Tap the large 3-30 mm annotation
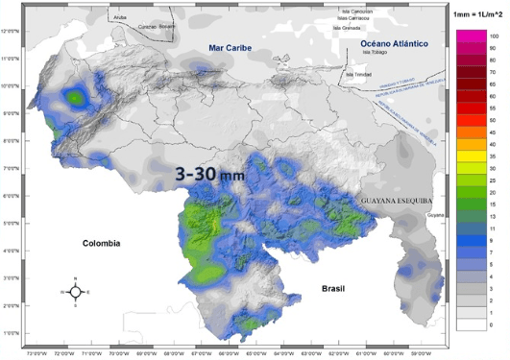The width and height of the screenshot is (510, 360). point(209,176)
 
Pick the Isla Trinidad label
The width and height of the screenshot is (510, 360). point(357,73)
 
